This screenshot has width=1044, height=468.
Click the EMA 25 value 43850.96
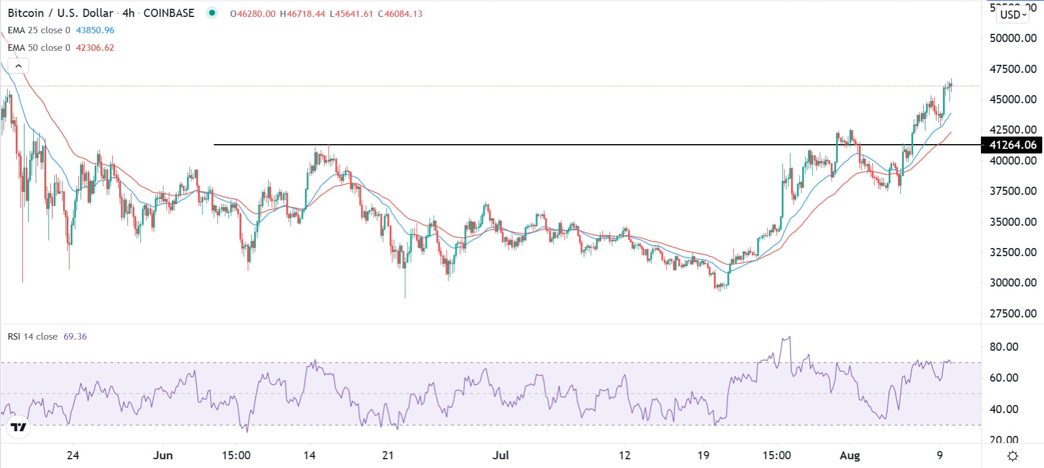tap(95, 30)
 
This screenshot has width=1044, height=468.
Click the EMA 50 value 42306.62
tap(95, 48)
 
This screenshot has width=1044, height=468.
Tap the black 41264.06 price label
tap(1012, 145)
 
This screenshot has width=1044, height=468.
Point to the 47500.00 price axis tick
tap(1013, 69)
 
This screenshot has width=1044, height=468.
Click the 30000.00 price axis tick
tap(1013, 282)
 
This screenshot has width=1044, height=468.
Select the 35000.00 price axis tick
tap(1013, 222)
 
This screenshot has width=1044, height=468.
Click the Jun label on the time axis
tap(162, 455)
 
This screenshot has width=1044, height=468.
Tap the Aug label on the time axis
tap(850, 455)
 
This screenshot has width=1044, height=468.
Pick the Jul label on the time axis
tap(500, 455)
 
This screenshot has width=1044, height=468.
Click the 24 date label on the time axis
tap(73, 455)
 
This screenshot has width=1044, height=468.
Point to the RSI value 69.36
tap(75, 337)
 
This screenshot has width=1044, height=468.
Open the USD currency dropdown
tap(1012, 15)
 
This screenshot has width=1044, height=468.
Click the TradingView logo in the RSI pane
tap(19, 428)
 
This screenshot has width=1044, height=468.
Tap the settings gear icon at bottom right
tap(1013, 456)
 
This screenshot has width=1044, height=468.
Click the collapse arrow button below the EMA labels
tap(18, 66)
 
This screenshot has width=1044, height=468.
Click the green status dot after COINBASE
tap(211, 13)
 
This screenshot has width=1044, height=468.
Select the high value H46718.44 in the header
tap(302, 13)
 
